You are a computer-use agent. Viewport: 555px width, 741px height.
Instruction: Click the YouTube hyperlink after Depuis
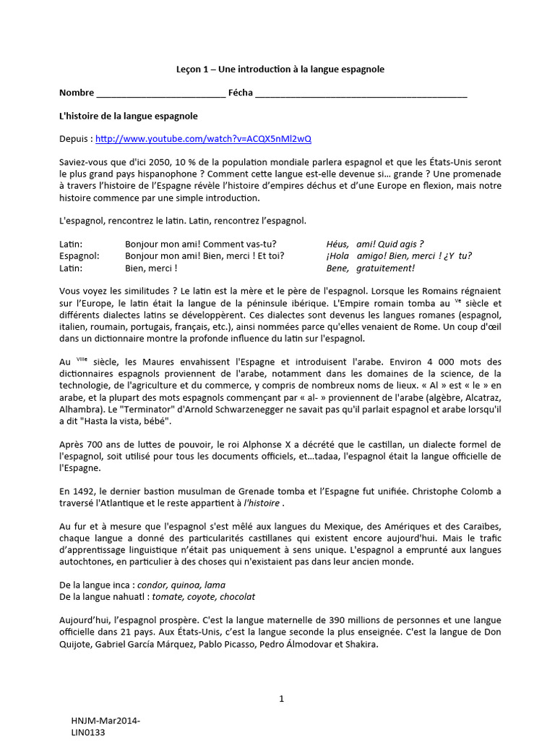(x=204, y=138)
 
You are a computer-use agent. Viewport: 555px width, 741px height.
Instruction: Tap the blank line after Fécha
(x=361, y=93)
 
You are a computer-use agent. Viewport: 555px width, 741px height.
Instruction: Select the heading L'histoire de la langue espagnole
(x=129, y=116)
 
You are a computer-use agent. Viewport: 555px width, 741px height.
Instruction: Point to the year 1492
(x=85, y=491)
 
